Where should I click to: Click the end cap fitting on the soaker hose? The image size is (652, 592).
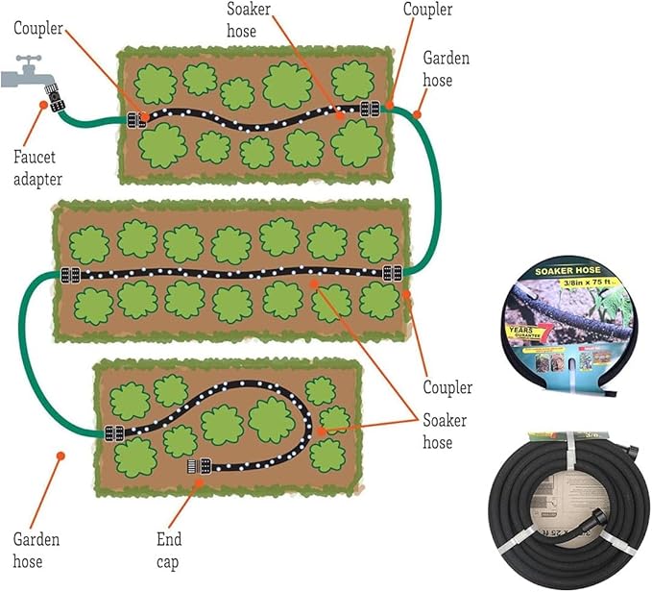tap(199, 469)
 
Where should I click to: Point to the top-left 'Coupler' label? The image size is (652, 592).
tap(39, 28)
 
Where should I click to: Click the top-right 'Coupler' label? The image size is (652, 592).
tap(427, 11)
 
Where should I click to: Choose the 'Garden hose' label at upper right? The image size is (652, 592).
tap(447, 70)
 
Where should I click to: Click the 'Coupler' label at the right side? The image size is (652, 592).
tap(447, 388)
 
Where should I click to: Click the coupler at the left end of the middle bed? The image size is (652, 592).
tap(69, 274)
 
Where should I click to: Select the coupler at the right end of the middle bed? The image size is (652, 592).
tap(392, 273)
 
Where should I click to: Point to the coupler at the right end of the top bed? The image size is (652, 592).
tap(370, 109)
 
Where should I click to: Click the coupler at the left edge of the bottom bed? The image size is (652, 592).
tap(114, 433)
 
